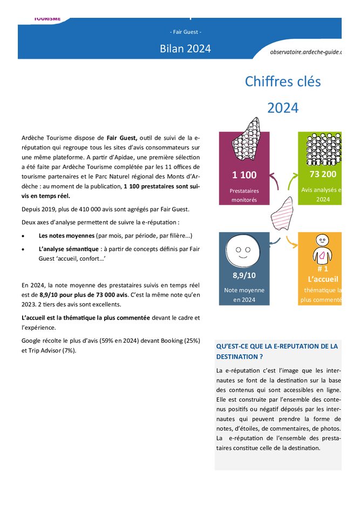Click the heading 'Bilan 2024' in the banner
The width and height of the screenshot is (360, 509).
pyautogui.click(x=185, y=49)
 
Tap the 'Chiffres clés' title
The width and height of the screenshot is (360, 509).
pyautogui.click(x=282, y=82)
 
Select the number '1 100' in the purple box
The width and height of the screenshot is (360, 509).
pyautogui.click(x=244, y=175)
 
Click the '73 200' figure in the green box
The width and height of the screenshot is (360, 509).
pyautogui.click(x=323, y=174)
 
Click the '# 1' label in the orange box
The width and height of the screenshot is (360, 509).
pyautogui.click(x=323, y=269)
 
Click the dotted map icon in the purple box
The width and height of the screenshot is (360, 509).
pyautogui.click(x=246, y=142)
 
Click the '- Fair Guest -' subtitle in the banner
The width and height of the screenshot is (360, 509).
pyautogui.click(x=185, y=32)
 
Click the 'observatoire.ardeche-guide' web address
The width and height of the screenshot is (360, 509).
pyautogui.click(x=306, y=52)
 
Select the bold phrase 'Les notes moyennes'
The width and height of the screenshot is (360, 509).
pyautogui.click(x=66, y=236)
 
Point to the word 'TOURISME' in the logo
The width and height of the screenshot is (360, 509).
pyautogui.click(x=47, y=18)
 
